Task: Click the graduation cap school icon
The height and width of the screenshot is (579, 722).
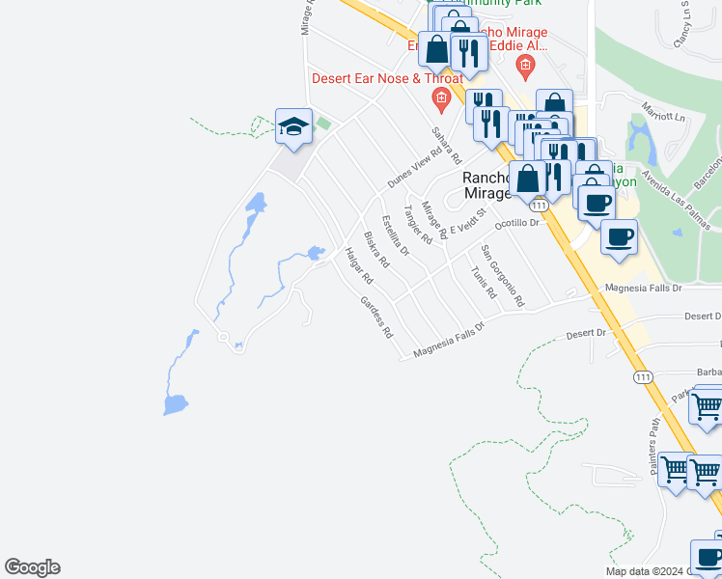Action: pyautogui.click(x=293, y=127)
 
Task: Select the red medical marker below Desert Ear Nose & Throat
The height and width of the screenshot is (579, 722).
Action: pyautogui.click(x=440, y=96)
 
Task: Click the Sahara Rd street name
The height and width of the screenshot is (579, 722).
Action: pyautogui.click(x=446, y=145)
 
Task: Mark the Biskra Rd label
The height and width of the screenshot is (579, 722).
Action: pyautogui.click(x=375, y=249)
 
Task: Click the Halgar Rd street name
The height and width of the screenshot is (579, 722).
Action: pyautogui.click(x=358, y=265)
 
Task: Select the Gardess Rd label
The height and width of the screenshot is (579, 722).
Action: pyautogui.click(x=376, y=317)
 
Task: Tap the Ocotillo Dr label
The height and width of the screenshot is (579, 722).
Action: pyautogui.click(x=514, y=223)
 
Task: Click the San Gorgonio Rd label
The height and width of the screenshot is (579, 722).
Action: pyautogui.click(x=502, y=276)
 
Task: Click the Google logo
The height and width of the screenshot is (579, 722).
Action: pyautogui.click(x=32, y=567)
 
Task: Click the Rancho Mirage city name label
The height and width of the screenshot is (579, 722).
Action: pyautogui.click(x=486, y=185)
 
